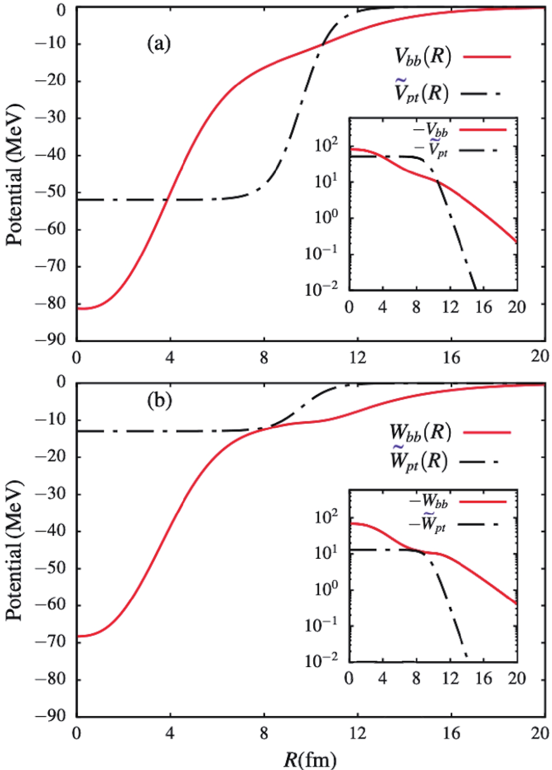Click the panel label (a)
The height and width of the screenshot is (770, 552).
[x=159, y=43]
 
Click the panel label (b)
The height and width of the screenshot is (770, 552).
[x=159, y=401]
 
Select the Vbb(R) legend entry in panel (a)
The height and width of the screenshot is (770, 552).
[x=423, y=56]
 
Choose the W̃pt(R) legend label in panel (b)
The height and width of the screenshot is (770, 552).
[x=419, y=461]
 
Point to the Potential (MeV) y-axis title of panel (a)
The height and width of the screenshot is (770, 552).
[x=14, y=175]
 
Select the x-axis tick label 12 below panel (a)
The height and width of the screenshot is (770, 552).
[x=357, y=357]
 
